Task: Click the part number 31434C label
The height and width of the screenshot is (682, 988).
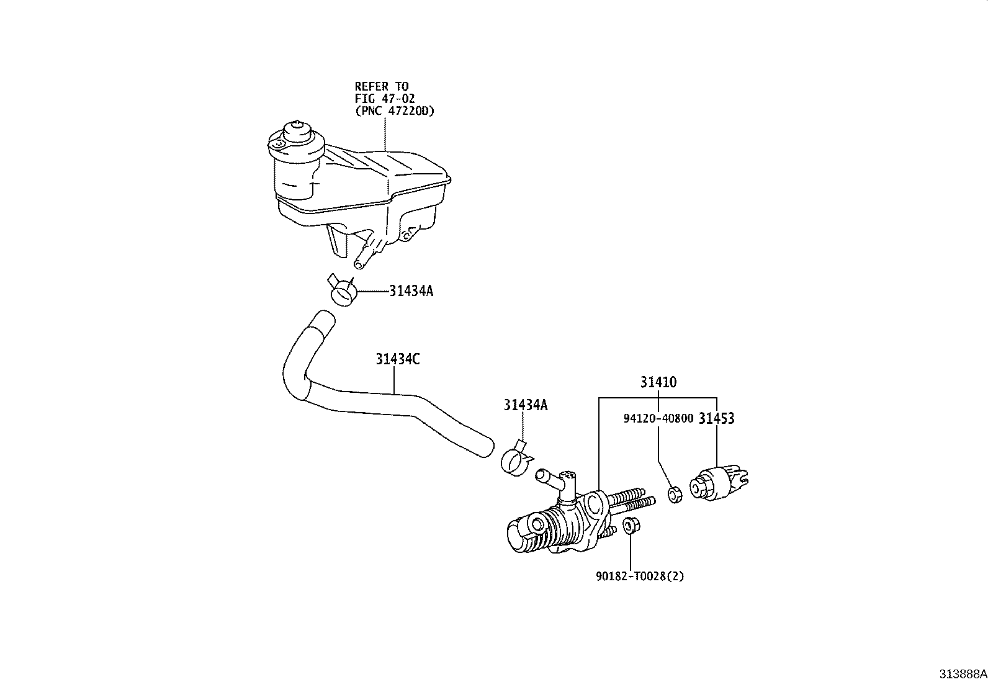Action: click(x=397, y=359)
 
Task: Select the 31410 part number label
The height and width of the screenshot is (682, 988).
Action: click(x=658, y=382)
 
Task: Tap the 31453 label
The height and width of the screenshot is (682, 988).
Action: click(x=716, y=418)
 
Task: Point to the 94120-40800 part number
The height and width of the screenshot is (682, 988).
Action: click(x=658, y=418)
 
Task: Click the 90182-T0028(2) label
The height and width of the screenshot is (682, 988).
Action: click(x=640, y=576)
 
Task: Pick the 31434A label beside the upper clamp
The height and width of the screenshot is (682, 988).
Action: click(x=411, y=291)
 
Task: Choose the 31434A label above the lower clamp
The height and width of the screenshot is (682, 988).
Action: click(x=526, y=405)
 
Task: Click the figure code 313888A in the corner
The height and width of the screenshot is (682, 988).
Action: click(x=963, y=674)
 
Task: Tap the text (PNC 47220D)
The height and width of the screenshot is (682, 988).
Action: click(x=395, y=110)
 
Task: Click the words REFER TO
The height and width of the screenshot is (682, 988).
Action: click(x=382, y=86)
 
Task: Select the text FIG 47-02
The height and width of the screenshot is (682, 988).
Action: click(x=385, y=99)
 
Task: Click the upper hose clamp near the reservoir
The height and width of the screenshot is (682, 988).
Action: click(x=343, y=292)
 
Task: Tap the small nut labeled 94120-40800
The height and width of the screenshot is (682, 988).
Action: click(x=675, y=494)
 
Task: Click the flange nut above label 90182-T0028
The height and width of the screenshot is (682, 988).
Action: click(x=631, y=526)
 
